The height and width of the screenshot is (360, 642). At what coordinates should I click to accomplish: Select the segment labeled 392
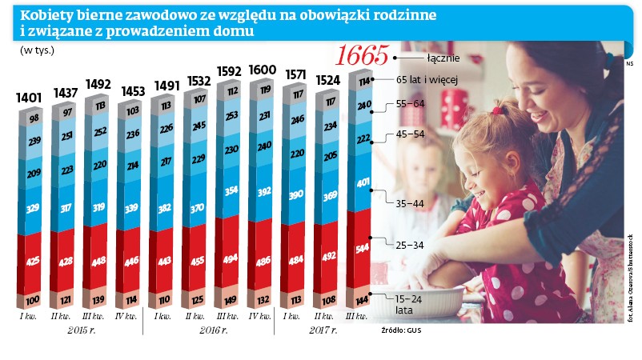pos(261,192)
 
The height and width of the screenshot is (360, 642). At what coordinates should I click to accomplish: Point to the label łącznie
pos(443,58)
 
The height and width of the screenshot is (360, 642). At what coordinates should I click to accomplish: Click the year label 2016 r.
pos(211,330)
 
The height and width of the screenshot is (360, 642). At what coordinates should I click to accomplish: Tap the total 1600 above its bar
pos(263,70)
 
